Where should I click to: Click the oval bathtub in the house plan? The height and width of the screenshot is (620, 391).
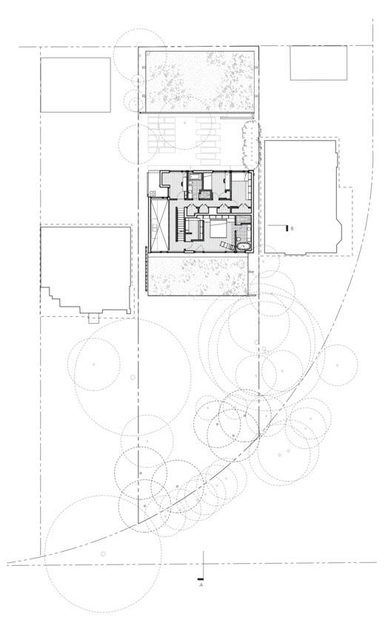tap(244, 247)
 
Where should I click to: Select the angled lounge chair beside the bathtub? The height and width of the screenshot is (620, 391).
tap(227, 245)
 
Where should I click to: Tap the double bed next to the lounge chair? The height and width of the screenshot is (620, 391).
tap(217, 228)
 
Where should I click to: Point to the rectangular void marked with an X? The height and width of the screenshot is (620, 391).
tap(159, 224)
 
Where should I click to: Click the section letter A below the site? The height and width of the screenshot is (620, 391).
tap(201, 584)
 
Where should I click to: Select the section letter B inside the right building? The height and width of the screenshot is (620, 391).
tap(292, 228)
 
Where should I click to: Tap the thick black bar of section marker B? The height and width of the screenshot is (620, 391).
tap(287, 227)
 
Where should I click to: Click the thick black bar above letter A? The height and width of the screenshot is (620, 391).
tap(201, 579)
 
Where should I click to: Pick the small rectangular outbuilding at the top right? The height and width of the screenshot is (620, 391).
tap(318, 63)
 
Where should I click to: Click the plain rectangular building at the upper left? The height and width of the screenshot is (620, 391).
tap(76, 84)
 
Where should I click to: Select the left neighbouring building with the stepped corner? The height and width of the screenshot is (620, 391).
tap(86, 270)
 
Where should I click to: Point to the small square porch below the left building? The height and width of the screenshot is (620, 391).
tap(94, 319)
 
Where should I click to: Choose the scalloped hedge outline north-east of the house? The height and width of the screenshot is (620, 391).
tap(251, 144)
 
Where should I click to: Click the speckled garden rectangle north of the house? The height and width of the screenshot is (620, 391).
tap(200, 81)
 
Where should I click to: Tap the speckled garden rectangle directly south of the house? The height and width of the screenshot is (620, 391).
tap(198, 276)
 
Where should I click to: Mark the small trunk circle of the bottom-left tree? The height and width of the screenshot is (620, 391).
tap(103, 553)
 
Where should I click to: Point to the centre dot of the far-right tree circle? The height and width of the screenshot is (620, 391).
tap(337, 365)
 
